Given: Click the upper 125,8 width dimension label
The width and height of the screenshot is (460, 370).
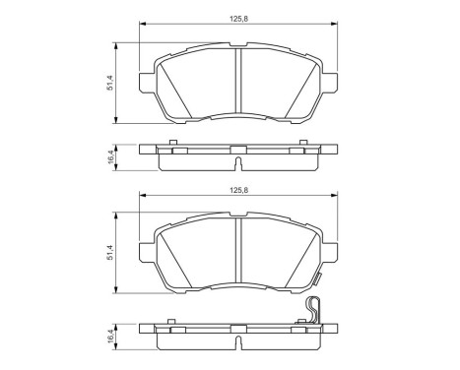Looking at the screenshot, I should point(238,14).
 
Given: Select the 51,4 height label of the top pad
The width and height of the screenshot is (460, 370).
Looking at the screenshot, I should point(111,82).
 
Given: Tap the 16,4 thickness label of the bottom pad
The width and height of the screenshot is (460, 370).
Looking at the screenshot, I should point(111,334).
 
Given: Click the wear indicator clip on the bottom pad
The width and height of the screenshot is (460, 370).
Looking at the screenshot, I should point(313,309).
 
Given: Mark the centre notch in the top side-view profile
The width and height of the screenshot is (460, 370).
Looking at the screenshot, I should point(238,150).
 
